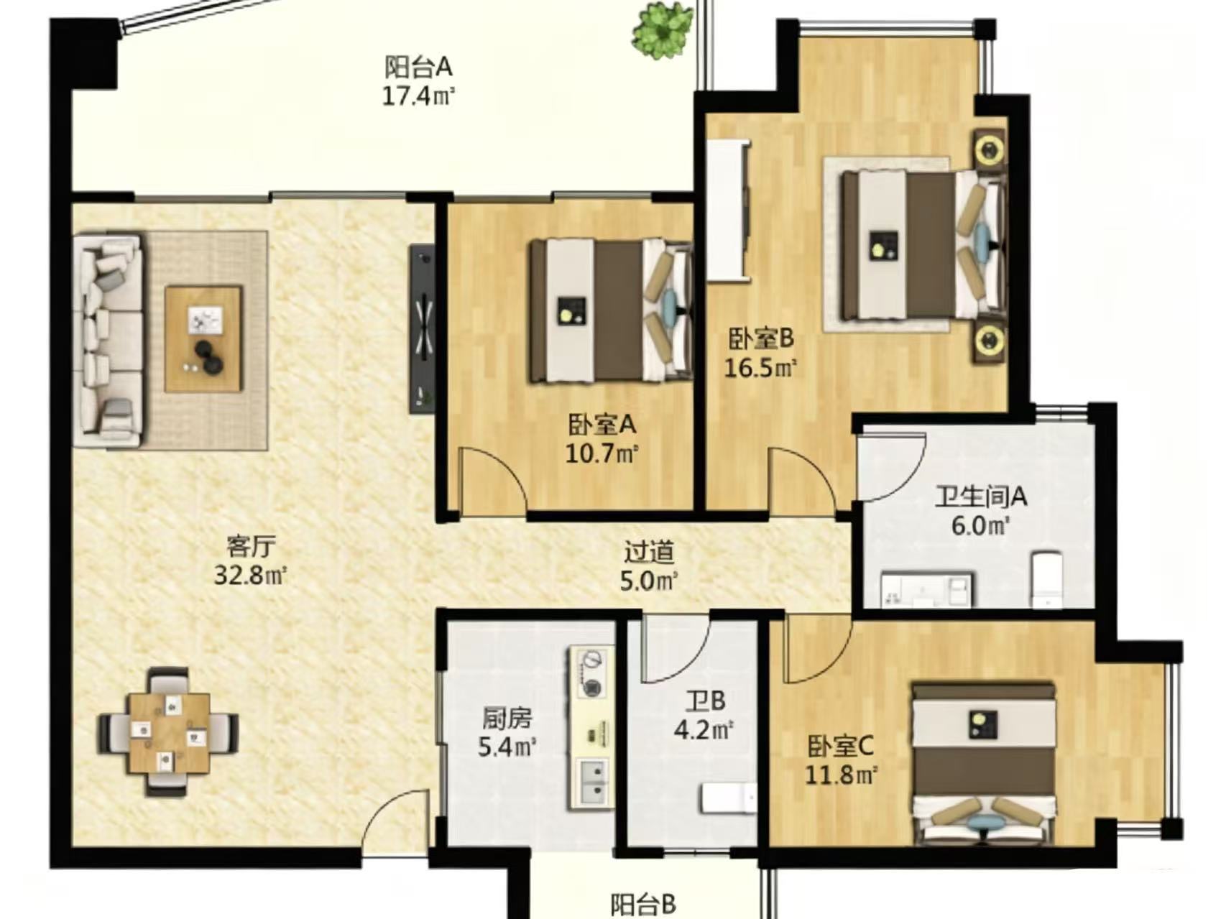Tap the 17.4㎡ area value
pos(418,96)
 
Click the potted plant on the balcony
pos(663,31)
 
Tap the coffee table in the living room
pos(203,338)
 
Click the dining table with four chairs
pos(169,732)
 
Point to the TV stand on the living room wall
pos(423,328)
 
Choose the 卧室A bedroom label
pos(602,425)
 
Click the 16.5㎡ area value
pos(760,368)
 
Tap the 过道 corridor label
pos(649,552)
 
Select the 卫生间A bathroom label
pos(980,497)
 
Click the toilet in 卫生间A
pos(1046,581)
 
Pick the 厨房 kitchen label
pos(507,718)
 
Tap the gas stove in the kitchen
pos(593,671)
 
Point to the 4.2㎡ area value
pos(703,730)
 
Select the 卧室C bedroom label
pos(840,747)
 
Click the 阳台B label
pos(644,903)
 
